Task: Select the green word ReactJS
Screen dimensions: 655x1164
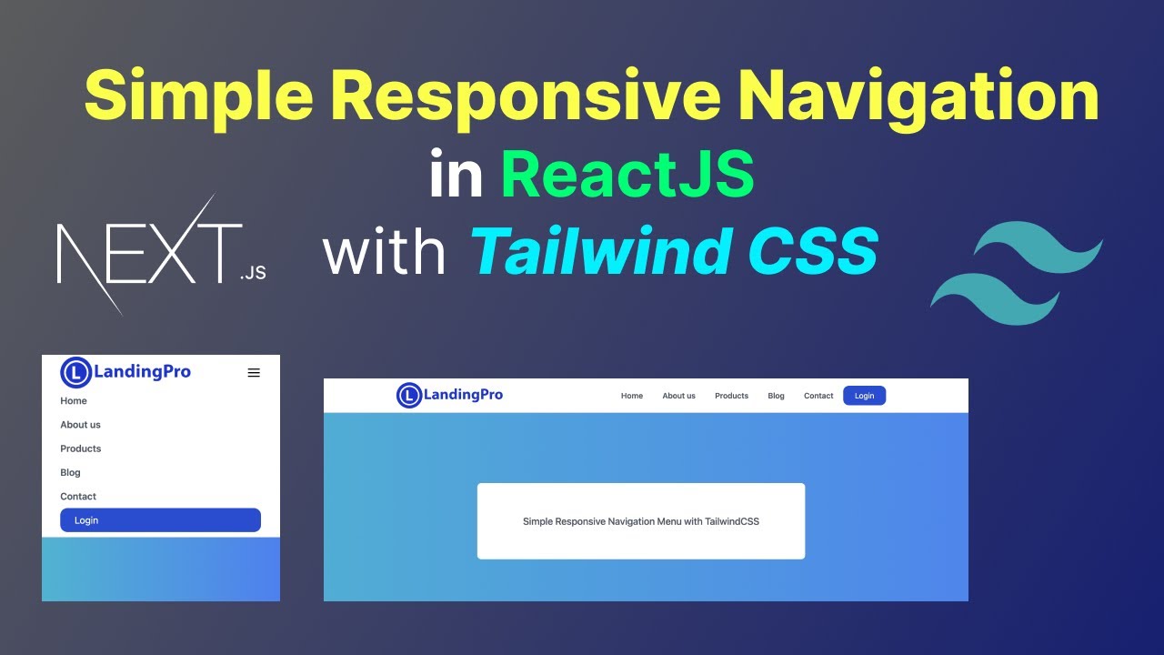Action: tap(627, 175)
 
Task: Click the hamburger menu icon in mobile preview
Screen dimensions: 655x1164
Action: tap(254, 372)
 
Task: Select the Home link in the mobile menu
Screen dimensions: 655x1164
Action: tap(74, 401)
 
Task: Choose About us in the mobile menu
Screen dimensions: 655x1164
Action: tap(80, 425)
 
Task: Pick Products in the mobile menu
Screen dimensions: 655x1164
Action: tap(81, 448)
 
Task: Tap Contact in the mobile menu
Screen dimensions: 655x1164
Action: tap(78, 497)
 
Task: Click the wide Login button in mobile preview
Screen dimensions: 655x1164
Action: tap(160, 520)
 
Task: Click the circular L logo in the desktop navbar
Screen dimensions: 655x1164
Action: tap(409, 395)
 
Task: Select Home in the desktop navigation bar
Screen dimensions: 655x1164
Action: tap(632, 396)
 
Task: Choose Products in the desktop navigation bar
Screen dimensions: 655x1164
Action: tap(731, 396)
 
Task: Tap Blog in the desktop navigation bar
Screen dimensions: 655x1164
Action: tap(776, 396)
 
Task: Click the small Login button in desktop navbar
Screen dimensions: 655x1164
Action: tap(864, 396)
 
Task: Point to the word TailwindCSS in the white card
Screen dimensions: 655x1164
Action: tap(732, 522)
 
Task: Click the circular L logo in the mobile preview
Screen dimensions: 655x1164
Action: tap(76, 371)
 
